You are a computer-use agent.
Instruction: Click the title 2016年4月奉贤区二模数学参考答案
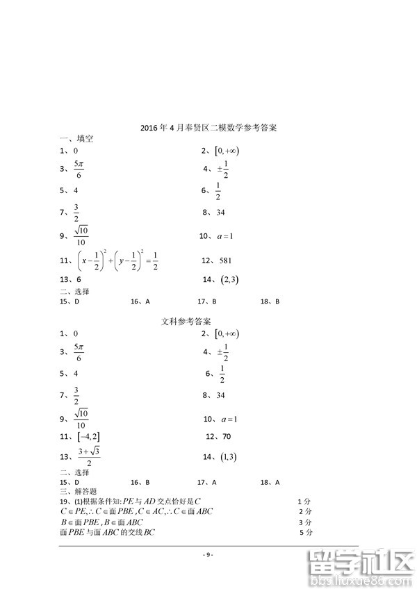click(x=208, y=128)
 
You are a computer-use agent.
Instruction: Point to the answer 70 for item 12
click(x=226, y=436)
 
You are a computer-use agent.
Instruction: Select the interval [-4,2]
click(x=89, y=436)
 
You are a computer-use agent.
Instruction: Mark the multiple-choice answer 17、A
click(x=206, y=482)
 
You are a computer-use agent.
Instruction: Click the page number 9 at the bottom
click(x=208, y=554)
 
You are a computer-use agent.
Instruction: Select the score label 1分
click(x=304, y=501)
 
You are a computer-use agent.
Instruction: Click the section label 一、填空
click(x=76, y=139)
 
